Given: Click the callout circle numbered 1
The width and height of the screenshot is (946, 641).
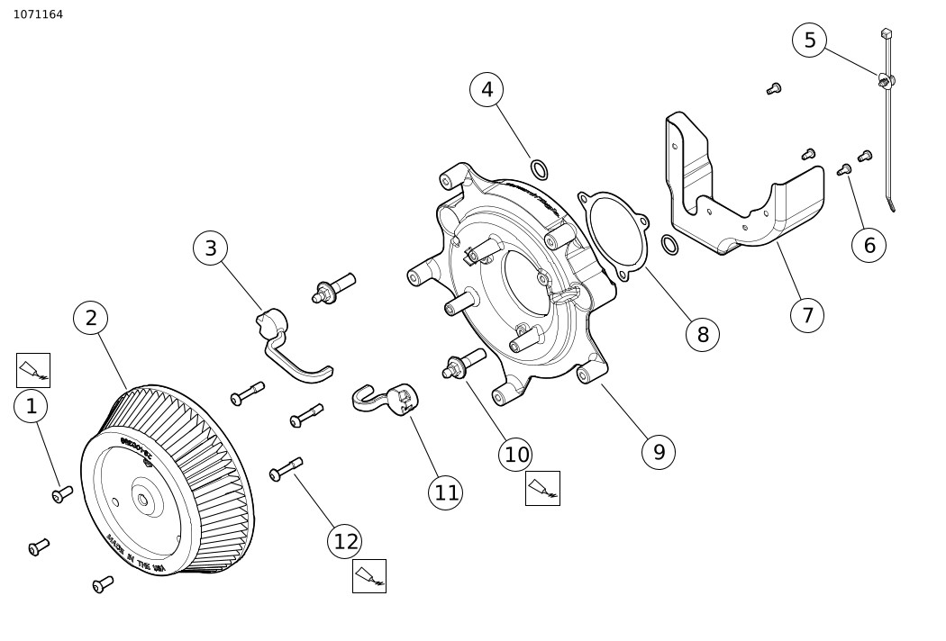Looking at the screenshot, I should point(31,407).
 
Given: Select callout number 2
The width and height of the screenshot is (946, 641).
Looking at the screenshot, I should point(90,318).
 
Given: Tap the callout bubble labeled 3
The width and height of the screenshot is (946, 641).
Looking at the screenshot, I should point(210,248).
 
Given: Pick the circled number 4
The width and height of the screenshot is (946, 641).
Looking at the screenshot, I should point(487,89).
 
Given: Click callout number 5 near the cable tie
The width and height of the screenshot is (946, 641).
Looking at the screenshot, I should point(809,41).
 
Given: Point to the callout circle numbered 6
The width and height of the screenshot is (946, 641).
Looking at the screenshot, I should point(869,246).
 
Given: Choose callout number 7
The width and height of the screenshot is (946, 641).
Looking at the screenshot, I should point(806,316).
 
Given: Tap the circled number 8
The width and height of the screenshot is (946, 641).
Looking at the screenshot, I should point(703,335).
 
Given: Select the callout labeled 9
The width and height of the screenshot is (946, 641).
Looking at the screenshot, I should point(659,452).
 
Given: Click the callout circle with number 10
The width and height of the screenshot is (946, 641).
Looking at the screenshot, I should point(515,455).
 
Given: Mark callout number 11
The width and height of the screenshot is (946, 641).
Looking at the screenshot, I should point(446,492).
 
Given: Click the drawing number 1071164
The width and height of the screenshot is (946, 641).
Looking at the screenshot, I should point(38,14).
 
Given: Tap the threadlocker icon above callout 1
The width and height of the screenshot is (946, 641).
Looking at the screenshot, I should point(33,370).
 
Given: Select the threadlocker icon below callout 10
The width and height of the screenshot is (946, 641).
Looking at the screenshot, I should point(542,488).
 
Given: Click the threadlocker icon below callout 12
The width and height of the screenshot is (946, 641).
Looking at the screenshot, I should point(369,576).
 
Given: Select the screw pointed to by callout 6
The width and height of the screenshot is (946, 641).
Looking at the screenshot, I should point(845,169).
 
